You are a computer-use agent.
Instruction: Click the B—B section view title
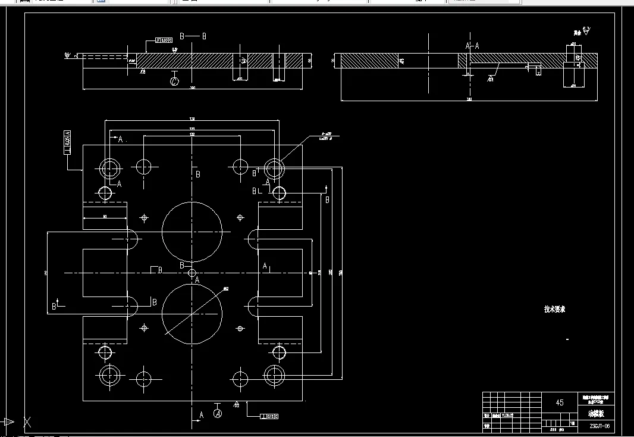pos(193,36)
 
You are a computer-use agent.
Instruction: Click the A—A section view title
pos(472,45)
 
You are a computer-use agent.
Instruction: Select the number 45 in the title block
pos(559,402)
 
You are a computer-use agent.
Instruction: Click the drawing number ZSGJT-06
pos(599,426)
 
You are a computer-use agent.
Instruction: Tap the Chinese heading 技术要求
pos(554,309)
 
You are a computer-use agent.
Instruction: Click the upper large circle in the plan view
pos(192,230)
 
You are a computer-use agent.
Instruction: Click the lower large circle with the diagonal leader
pos(192,314)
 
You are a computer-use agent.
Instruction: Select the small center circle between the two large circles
pos(192,273)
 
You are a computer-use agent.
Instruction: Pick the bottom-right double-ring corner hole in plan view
pos(275,376)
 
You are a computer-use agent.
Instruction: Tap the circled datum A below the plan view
pos(218,413)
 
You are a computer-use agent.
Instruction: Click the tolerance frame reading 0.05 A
pos(67,141)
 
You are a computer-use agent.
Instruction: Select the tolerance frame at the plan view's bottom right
pos(269,416)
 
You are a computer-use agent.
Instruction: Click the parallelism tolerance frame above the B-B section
pos(164,40)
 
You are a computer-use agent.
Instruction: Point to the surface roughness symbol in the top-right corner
pos(585,31)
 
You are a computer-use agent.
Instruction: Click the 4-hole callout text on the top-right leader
pos(326,136)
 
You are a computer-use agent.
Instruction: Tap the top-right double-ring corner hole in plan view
pos(275,168)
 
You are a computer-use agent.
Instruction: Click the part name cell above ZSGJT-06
pos(595,413)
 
